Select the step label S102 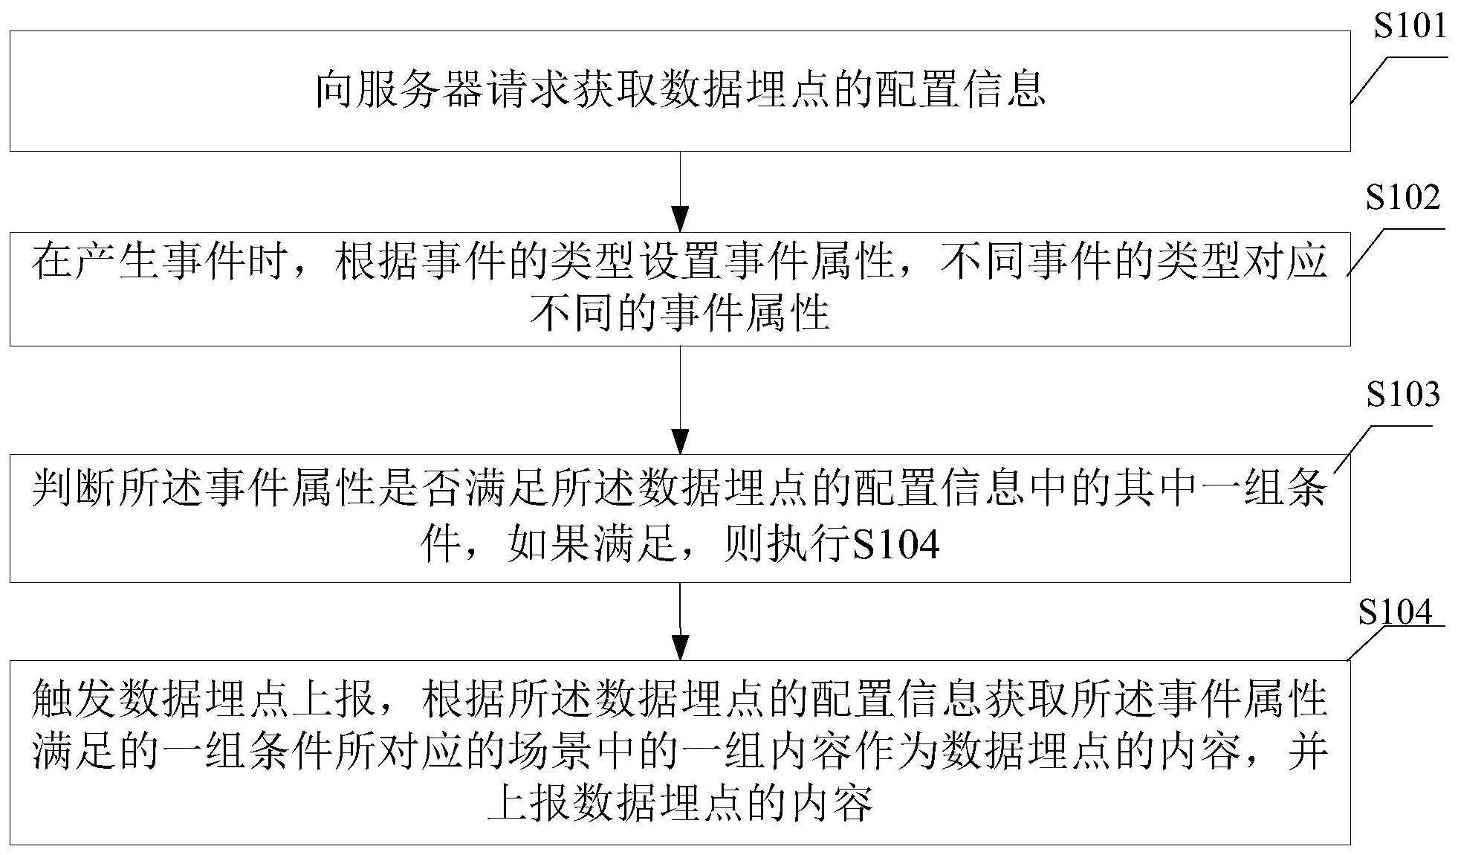(x=1402, y=199)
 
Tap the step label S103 (x=1402, y=395)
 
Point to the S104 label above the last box (x=1395, y=613)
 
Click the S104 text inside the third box (x=895, y=547)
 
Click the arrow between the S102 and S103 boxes (x=680, y=401)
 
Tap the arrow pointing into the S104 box (x=680, y=621)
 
